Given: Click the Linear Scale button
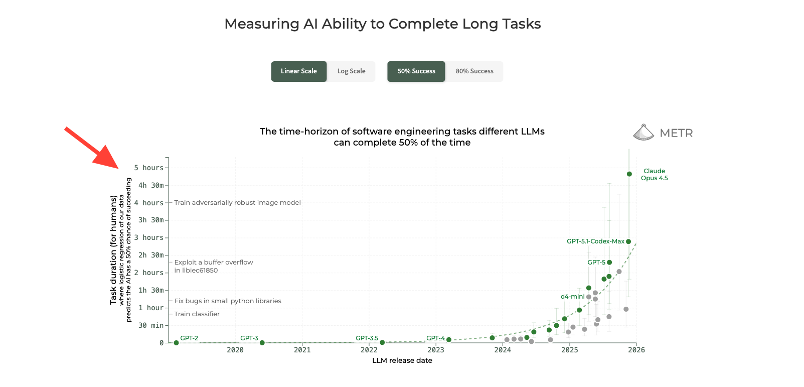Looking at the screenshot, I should point(299,71).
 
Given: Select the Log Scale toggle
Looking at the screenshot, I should point(351,71).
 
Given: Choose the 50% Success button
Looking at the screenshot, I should point(416,71).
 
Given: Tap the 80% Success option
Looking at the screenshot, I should point(474,71).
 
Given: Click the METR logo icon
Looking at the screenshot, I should point(644,133).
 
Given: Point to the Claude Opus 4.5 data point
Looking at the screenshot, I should point(629,174).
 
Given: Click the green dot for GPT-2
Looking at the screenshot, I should point(176,343).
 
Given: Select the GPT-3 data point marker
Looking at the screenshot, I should point(262,343).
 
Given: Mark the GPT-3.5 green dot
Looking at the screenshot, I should point(382,342).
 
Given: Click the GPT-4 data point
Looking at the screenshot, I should point(449,340).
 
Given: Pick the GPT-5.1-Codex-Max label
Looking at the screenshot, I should point(595,241).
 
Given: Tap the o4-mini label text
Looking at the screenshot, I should point(572,297).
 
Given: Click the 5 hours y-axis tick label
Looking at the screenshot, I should point(149,168).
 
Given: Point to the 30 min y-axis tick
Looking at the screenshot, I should point(151,325).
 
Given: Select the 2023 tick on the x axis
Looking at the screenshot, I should point(436,350).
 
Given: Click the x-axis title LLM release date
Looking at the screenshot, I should point(402,360).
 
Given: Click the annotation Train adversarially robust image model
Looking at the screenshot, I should point(237,203).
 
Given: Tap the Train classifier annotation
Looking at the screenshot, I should point(197,314).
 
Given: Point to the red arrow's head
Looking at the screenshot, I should point(111,161).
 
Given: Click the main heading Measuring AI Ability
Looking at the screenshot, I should point(382,24).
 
